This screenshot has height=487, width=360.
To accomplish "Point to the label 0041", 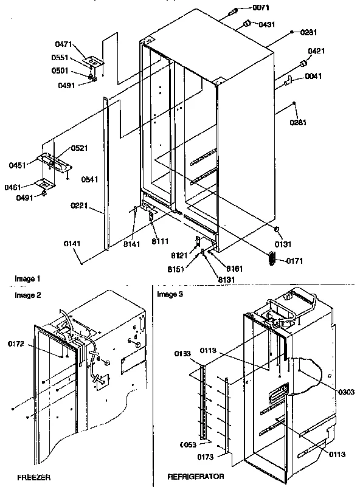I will (313, 76).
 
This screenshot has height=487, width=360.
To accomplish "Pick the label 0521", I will (79, 148).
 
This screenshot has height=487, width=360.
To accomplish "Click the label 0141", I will (71, 244).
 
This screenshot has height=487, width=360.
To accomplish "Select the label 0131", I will (283, 244).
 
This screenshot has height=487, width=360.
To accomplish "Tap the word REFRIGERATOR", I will (196, 477).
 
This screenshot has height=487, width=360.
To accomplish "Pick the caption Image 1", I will (28, 278).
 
